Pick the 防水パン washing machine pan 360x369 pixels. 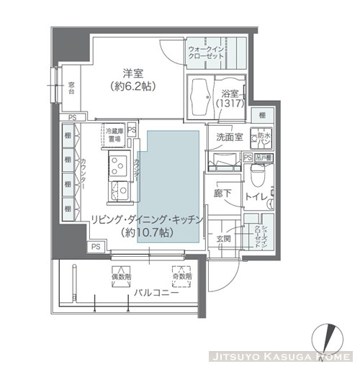(x=262, y=137)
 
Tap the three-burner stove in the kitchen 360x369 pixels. (x=117, y=166)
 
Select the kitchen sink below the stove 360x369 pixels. (x=117, y=191)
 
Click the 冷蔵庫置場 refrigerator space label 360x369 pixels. (x=117, y=135)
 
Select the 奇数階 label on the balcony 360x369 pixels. (x=181, y=275)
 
